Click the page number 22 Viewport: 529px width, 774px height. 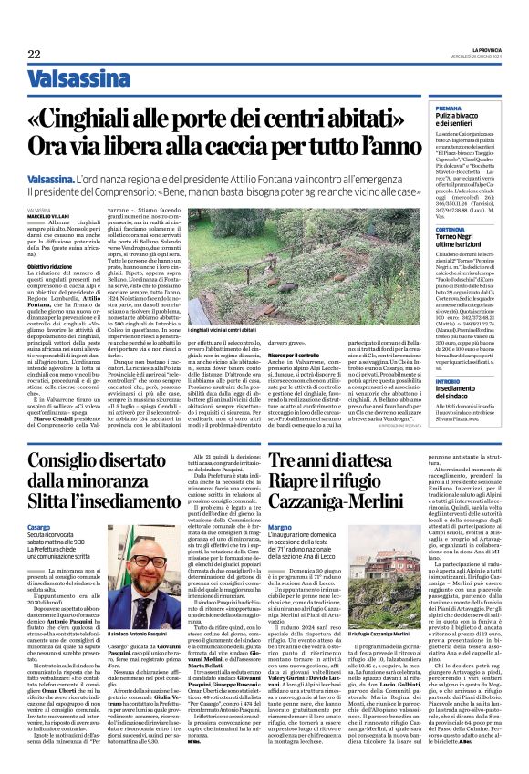(x=34, y=55)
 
